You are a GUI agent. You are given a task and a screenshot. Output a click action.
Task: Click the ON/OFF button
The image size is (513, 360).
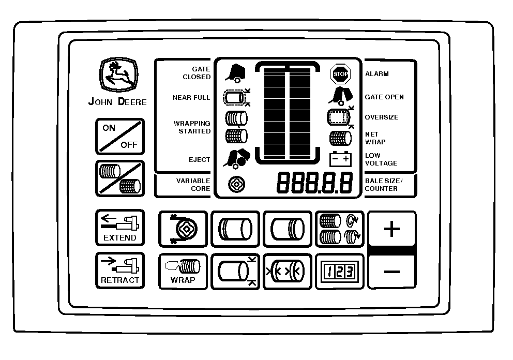click(x=120, y=137)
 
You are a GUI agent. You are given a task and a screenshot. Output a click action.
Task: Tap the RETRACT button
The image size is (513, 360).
click(x=120, y=271)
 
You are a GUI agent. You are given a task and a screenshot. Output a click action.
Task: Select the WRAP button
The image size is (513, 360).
click(x=183, y=272)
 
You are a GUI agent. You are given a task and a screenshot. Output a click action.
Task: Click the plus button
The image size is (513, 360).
click(x=392, y=229)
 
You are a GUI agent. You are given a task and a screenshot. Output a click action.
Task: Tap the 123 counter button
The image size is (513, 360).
click(x=340, y=272)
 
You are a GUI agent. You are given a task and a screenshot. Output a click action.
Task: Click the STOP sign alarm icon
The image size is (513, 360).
click(x=340, y=74)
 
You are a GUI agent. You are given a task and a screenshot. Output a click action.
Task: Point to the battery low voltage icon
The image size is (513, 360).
click(x=340, y=159)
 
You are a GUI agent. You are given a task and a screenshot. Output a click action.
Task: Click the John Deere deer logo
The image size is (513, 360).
click(x=119, y=74)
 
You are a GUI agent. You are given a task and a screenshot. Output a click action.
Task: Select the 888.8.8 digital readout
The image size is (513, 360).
click(x=315, y=183)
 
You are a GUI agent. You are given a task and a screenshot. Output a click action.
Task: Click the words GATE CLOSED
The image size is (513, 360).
click(x=197, y=73)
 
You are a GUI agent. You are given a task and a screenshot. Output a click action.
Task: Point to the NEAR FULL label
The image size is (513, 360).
click(x=191, y=98)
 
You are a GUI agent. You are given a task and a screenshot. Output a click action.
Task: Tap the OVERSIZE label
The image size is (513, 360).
click(x=382, y=117)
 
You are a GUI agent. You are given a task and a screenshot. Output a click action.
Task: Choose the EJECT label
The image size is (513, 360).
click(x=199, y=160)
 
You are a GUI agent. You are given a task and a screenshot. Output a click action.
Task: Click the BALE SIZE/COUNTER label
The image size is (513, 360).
click(x=384, y=185)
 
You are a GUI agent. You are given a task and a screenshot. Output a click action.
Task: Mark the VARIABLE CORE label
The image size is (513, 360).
click(x=193, y=185)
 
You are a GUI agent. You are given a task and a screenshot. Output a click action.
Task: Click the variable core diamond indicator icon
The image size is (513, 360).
click(x=236, y=184)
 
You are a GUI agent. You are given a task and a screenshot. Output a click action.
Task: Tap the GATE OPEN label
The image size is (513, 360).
click(x=384, y=97)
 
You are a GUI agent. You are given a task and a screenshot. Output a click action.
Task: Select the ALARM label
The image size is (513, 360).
click(x=377, y=74)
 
